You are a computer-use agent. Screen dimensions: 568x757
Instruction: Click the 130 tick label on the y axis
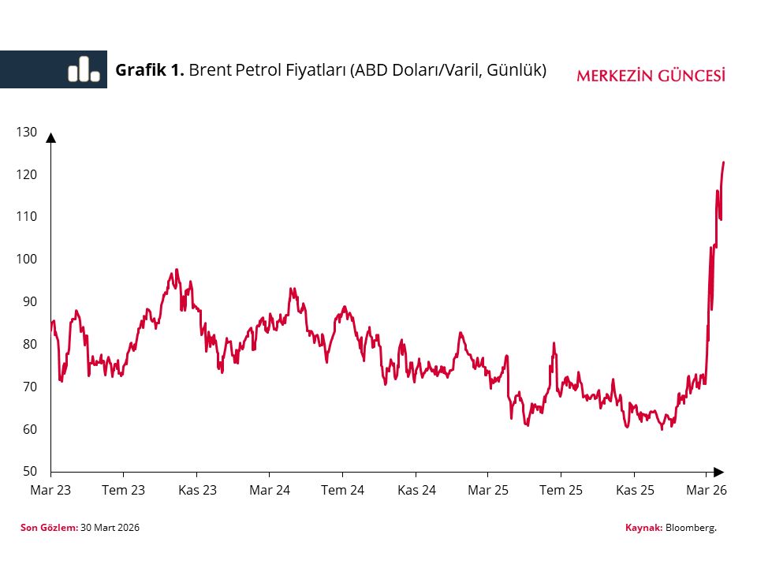pos(26,132)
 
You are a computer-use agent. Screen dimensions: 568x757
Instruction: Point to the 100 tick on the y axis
pos(26,260)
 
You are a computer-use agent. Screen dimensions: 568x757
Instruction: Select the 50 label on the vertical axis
pos(28,472)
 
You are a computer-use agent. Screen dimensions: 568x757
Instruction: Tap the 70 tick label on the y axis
pos(28,387)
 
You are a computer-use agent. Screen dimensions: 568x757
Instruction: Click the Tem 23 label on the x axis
pos(124,490)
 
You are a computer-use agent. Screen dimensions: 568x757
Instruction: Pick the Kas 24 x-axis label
pos(416,490)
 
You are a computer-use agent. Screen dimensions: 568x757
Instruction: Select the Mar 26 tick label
pos(706,490)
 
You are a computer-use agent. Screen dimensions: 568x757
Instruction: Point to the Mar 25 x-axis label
pos(489,490)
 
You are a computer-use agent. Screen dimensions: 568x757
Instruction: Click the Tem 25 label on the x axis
pos(561,490)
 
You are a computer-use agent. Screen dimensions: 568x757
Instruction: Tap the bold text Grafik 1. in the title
pos(150,69)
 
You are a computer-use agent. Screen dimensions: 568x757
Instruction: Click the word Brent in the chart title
pos(210,69)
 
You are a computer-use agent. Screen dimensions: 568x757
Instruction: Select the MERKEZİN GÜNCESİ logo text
pos(651,76)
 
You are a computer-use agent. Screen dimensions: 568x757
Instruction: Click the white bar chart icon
pos(84,69)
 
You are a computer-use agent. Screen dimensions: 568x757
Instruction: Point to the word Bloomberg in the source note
pos(692,527)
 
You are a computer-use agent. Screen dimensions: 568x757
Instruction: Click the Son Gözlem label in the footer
pos(48,527)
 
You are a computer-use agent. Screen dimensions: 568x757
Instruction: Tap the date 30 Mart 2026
pos(110,527)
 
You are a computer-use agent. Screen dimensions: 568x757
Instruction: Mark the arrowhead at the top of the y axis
pos(51,137)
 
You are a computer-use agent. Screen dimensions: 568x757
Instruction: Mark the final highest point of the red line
pos(723,163)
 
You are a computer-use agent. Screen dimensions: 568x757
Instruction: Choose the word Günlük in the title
pos(516,69)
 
